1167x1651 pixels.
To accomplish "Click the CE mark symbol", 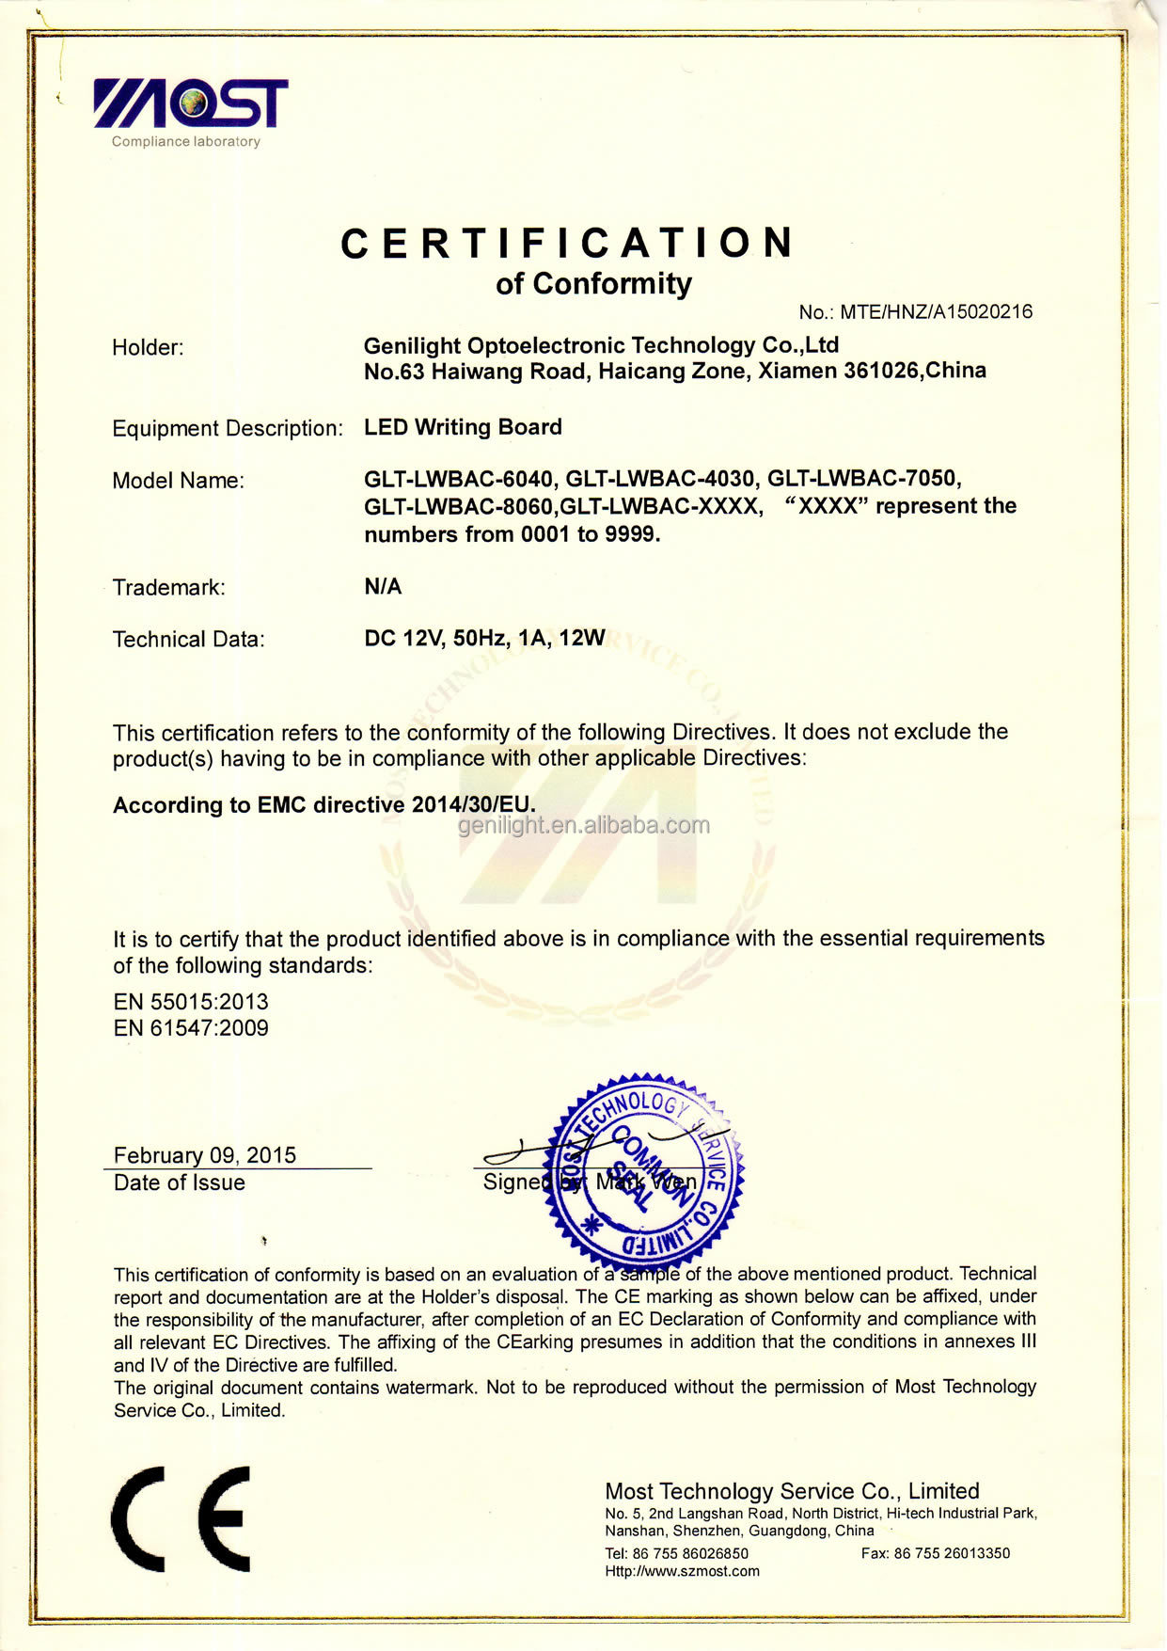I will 181,1518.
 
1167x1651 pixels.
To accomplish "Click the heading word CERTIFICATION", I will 568,244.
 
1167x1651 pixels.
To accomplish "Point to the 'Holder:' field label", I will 148,347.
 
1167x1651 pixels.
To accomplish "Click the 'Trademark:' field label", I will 169,588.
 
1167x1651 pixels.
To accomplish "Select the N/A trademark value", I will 383,587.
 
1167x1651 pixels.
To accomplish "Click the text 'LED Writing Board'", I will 463,427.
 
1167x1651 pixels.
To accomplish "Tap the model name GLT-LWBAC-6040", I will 458,479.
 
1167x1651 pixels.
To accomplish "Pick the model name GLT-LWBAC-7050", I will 863,479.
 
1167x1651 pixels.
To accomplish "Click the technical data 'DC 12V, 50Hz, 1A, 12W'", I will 484,639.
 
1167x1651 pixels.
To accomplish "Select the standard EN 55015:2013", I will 191,1002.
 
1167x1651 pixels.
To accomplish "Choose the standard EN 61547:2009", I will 191,1028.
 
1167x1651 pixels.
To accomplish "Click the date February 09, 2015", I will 205,1155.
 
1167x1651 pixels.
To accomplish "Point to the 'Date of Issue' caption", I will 180,1183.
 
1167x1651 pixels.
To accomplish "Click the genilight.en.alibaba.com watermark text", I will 584,826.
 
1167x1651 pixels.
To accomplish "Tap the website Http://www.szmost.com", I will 682,1571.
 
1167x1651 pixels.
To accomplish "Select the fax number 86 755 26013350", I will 952,1553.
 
